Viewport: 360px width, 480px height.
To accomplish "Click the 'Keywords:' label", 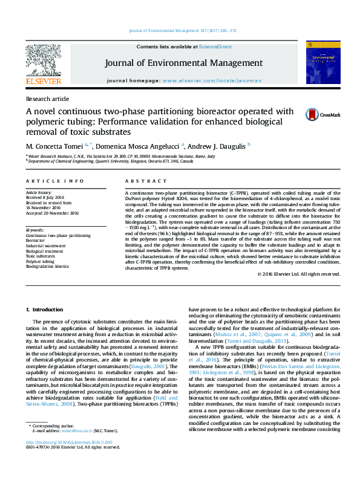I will coord(35,230).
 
